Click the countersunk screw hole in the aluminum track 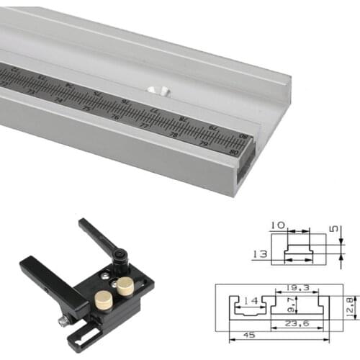click(158, 91)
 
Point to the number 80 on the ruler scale click(233, 151)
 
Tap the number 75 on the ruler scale click(87, 108)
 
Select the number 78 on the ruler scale click(173, 134)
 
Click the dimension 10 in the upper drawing click(278, 226)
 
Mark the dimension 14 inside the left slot click(250, 300)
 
